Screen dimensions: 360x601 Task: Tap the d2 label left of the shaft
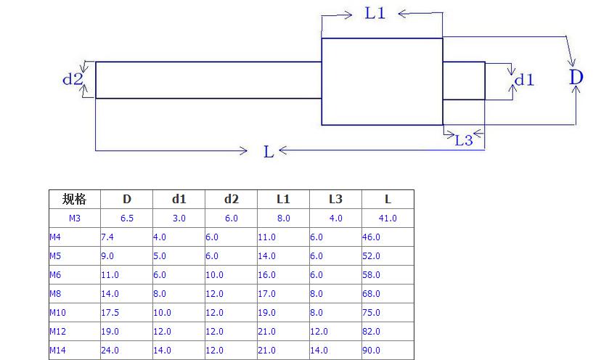click(72, 79)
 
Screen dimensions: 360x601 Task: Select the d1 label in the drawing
click(524, 80)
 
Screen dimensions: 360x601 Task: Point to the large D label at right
click(576, 77)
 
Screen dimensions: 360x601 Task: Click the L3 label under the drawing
click(464, 140)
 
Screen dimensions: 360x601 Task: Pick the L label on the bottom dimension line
click(269, 151)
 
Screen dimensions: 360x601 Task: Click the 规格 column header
click(74, 200)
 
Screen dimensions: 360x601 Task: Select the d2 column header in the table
click(231, 200)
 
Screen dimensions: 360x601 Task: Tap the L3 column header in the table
click(335, 200)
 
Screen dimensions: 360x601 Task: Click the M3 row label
click(75, 218)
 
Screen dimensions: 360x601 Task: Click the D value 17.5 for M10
click(110, 313)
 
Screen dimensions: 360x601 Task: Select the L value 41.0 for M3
click(388, 218)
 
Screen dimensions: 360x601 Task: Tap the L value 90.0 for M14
click(371, 351)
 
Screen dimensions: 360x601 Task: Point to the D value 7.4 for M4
click(107, 237)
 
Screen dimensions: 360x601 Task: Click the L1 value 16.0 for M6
click(266, 275)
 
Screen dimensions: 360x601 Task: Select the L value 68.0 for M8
click(371, 294)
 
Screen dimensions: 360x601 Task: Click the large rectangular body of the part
click(382, 81)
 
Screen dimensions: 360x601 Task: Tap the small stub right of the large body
click(464, 80)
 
